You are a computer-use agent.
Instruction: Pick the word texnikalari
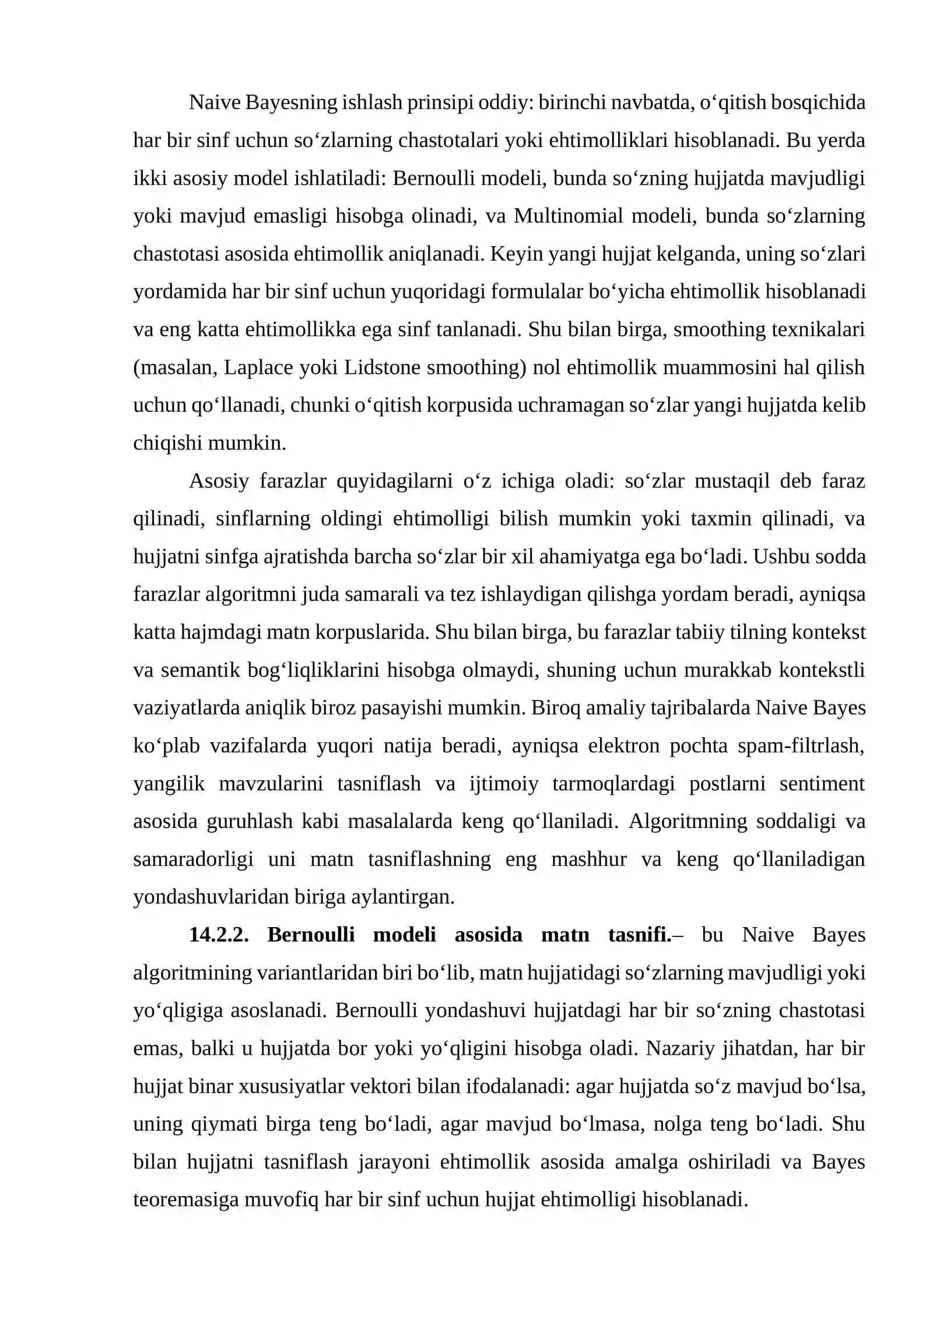(818, 329)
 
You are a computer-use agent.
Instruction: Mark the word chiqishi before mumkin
(167, 443)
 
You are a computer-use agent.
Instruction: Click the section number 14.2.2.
(219, 935)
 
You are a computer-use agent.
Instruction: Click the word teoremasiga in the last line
(185, 1199)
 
